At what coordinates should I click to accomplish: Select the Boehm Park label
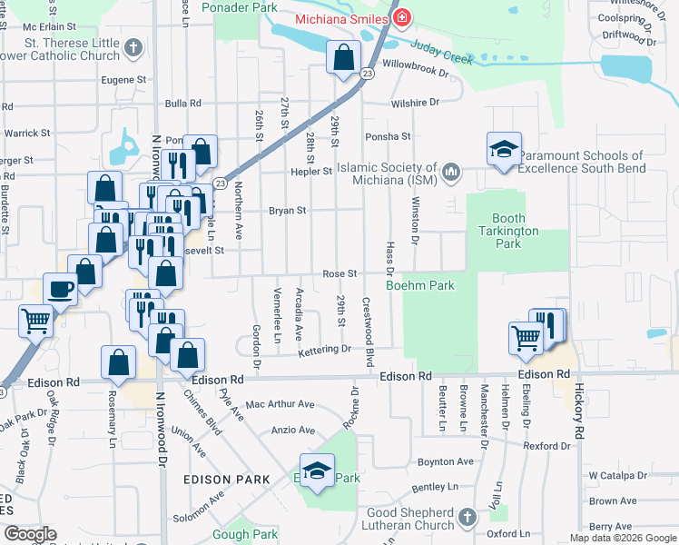419,285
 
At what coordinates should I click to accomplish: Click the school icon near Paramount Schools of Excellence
504,149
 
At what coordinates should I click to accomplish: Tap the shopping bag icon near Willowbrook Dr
344,59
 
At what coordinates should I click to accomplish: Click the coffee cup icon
61,290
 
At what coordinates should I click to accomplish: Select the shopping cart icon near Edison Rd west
35,320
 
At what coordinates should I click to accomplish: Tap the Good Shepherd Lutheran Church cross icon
467,517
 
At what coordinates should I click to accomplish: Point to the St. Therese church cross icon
133,47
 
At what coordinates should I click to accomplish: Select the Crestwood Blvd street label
369,320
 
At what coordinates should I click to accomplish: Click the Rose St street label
339,273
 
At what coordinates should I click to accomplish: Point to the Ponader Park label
240,7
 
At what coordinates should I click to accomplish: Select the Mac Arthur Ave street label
280,404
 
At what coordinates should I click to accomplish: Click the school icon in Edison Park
317,471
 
